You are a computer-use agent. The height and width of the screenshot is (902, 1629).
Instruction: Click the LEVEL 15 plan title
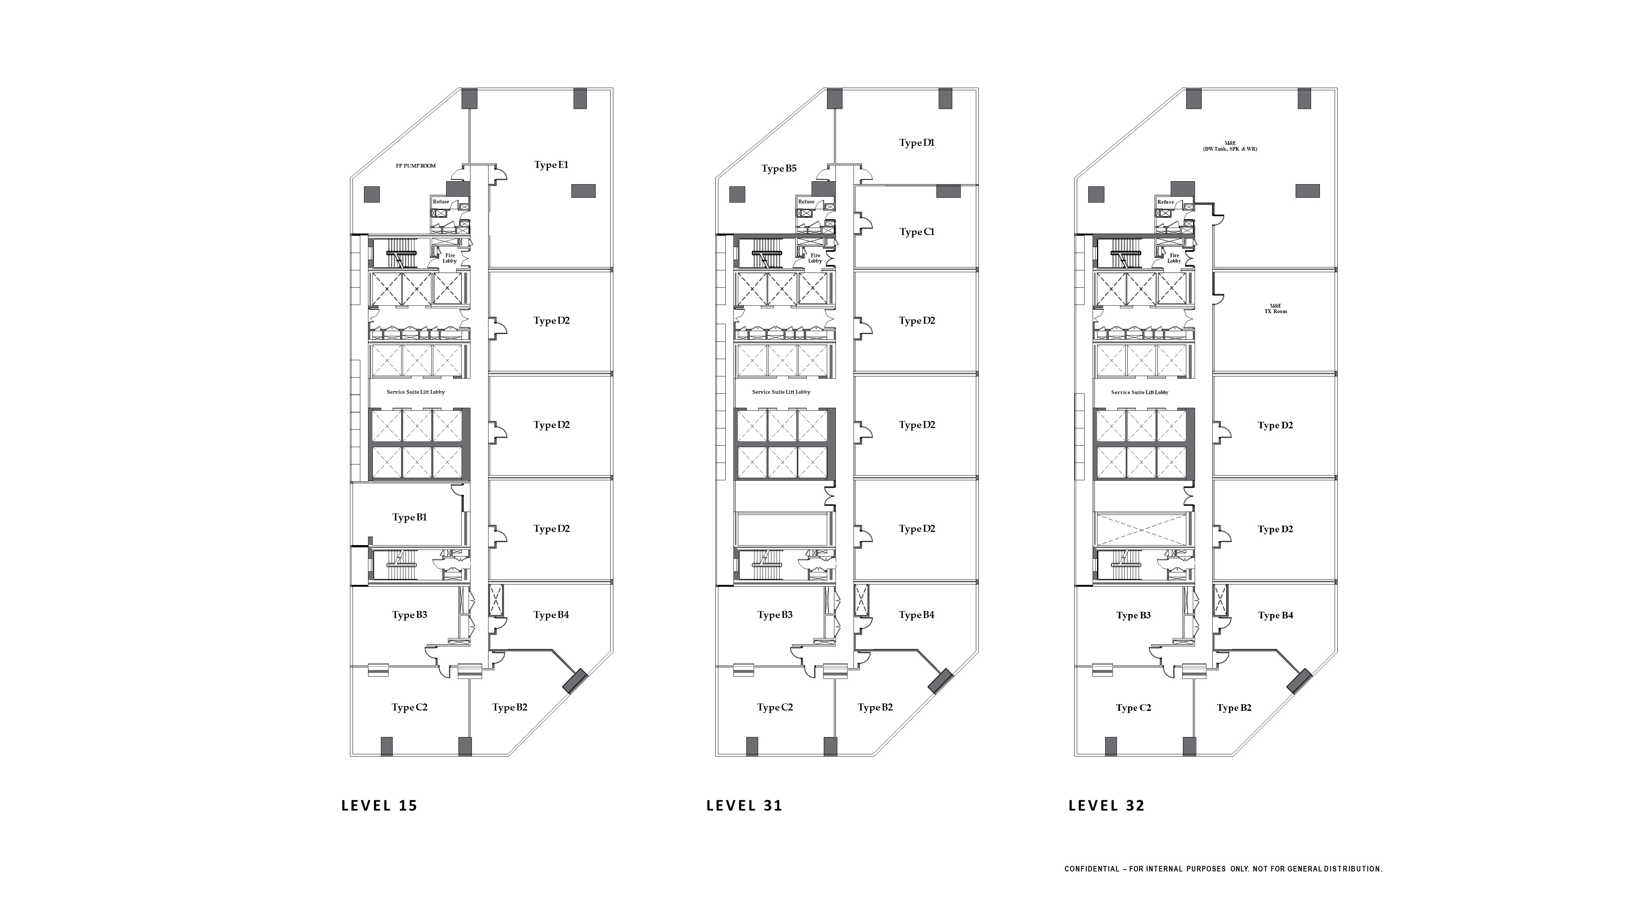[x=379, y=805]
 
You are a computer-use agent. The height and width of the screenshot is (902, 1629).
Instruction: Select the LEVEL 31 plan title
[x=744, y=805]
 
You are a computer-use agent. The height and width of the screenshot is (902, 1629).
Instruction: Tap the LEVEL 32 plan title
[x=1107, y=805]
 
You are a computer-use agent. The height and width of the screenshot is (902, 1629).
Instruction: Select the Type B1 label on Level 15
[x=409, y=517]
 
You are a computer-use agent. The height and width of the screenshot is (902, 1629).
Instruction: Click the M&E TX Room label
[x=1275, y=308]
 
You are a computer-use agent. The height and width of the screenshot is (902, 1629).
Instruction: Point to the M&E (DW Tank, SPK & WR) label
[x=1230, y=146]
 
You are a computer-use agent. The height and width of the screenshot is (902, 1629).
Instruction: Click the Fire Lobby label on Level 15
[x=450, y=258]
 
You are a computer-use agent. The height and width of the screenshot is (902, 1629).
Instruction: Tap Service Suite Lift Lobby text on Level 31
[x=781, y=392]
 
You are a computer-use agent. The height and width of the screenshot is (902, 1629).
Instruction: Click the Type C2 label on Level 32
[x=1133, y=708]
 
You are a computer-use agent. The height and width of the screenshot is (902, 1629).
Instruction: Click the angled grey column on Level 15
[x=575, y=681]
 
